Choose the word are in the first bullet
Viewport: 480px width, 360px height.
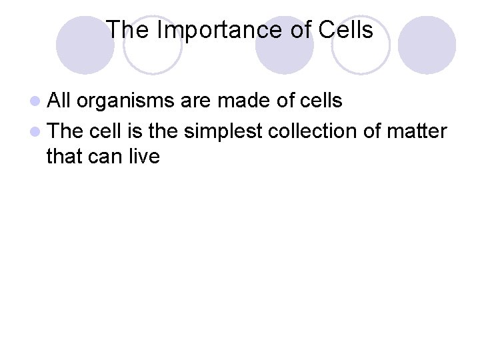[x=196, y=101]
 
